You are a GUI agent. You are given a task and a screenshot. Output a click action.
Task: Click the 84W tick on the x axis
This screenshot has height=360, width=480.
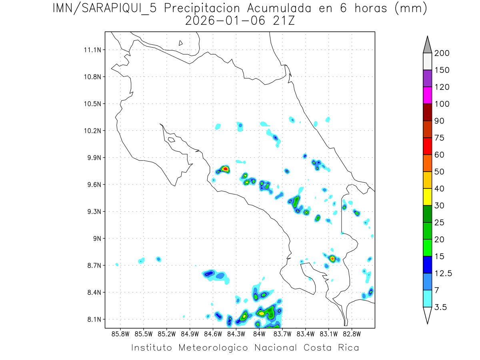pos(259,334)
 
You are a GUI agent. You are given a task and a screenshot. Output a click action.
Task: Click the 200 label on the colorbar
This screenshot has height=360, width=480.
pos(442,53)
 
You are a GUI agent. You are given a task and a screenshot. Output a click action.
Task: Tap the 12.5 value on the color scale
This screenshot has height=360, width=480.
pos(443,273)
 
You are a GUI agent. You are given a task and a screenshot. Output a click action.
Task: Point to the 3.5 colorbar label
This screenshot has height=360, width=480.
pos(440,307)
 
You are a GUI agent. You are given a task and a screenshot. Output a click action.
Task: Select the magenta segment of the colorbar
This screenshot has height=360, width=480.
pos(427,95)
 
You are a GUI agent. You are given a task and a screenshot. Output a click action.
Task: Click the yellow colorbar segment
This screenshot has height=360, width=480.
pos(427,196)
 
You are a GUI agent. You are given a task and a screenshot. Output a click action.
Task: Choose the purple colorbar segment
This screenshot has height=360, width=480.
pos(427,78)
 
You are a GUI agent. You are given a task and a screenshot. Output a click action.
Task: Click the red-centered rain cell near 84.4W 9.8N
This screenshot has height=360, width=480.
pos(225,169)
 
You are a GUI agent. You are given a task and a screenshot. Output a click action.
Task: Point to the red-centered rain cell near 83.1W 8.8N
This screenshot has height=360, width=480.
pos(332,258)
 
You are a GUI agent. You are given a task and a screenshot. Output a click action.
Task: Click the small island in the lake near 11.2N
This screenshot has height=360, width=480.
pos(181,43)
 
